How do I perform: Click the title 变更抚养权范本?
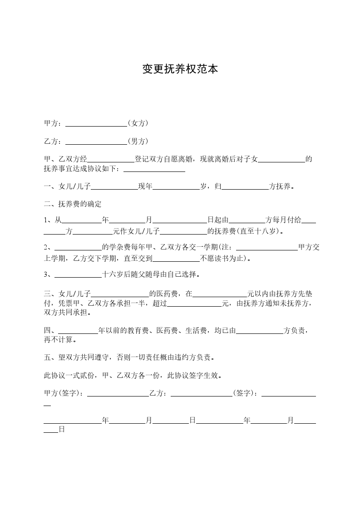tap(180, 69)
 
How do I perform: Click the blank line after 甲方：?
tap(96, 124)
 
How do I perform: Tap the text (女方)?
tap(138, 123)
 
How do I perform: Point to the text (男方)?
tap(138, 141)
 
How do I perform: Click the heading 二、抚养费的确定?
tap(73, 204)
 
